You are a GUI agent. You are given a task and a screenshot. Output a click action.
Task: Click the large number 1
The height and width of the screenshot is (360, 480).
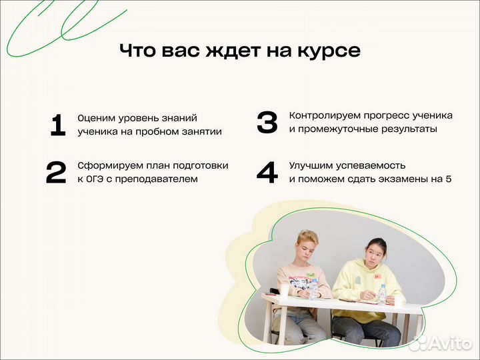point(58,125)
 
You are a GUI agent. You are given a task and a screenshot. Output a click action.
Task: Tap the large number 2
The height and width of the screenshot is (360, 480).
point(56,173)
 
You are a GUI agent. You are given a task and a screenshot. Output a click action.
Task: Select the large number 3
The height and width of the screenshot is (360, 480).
point(267,123)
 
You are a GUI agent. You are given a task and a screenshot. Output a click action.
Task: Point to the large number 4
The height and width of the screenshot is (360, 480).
point(267,173)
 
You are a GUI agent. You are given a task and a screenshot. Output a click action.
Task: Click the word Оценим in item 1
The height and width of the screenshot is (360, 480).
point(95,118)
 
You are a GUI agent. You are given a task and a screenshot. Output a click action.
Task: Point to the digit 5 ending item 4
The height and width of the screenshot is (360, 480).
point(448,179)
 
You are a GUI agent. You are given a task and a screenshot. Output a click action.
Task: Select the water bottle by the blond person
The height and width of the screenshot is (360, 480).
point(313,289)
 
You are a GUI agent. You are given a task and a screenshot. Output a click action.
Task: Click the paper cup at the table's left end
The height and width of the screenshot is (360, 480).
point(284,291)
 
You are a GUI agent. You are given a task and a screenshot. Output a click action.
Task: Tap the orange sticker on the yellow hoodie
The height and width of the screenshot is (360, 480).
point(377,275)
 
